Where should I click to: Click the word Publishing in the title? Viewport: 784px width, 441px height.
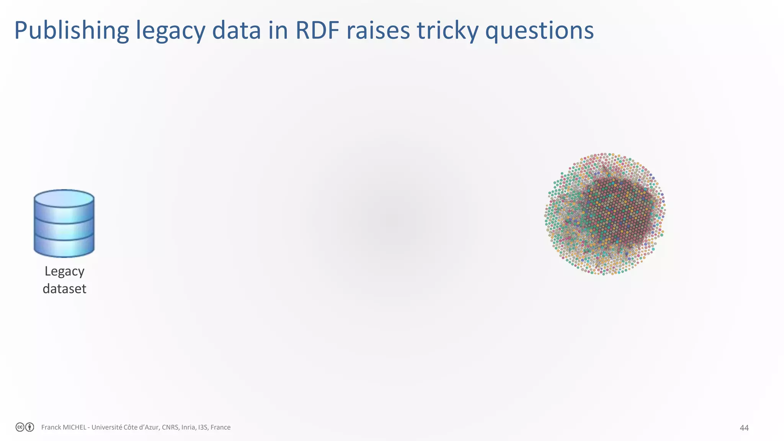coord(71,31)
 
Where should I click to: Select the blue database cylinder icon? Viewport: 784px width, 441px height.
coord(64,224)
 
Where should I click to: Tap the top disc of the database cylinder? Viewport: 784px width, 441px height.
coord(64,199)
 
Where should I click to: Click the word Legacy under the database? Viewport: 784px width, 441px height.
coord(64,271)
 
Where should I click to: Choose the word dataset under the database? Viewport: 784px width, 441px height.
coord(64,289)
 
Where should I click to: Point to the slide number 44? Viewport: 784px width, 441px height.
coord(744,428)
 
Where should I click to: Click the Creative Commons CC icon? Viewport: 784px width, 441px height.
coord(20,427)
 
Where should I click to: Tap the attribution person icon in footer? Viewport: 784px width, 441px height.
coord(29,427)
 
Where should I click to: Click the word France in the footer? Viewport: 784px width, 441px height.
coord(220,427)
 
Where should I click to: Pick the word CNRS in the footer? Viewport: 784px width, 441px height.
coord(170,427)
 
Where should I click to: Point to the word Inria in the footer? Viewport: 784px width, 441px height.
coord(188,427)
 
